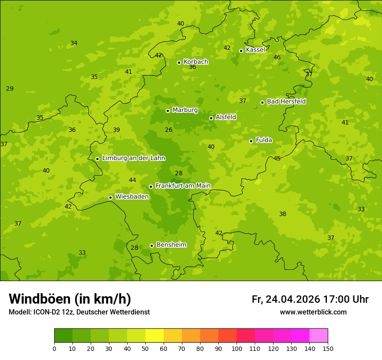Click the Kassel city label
tap(255, 50)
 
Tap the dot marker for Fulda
tap(251, 141)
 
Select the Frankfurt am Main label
tap(183, 186)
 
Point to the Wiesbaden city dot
tap(110, 197)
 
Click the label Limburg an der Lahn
tap(133, 158)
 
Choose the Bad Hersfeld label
tap(286, 101)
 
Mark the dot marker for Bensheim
tap(151, 245)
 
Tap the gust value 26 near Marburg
tap(168, 130)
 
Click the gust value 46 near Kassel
tap(277, 57)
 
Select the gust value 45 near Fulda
tap(277, 158)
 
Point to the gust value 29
tap(10, 88)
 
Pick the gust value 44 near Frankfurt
tap(132, 180)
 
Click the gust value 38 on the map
tap(283, 214)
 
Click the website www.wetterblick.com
tap(313, 312)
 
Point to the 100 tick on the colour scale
tap(237, 348)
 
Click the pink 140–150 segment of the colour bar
tap(319, 336)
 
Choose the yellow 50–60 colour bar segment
tap(155, 336)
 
